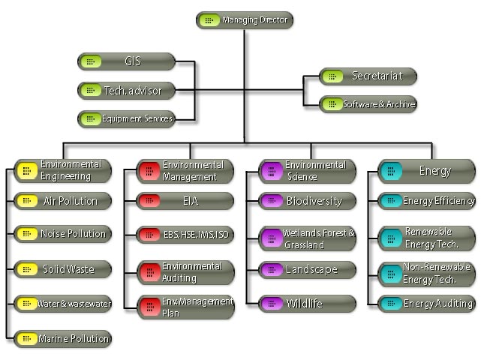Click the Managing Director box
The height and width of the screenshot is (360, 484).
click(245, 20)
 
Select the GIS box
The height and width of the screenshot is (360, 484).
click(126, 61)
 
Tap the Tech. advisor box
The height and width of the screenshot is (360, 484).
click(126, 91)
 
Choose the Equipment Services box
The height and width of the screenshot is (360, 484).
click(126, 118)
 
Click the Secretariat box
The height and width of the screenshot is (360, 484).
click(368, 76)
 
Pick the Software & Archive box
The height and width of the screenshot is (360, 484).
click(368, 104)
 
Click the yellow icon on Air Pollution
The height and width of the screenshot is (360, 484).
click(26, 201)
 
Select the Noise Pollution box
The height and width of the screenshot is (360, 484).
click(63, 234)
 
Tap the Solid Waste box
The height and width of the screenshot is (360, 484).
click(63, 268)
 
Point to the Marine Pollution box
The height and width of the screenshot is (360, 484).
click(63, 339)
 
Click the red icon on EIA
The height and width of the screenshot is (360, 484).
click(149, 201)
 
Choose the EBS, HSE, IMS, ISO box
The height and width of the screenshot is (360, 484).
click(185, 235)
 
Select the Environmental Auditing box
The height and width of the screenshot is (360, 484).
click(185, 272)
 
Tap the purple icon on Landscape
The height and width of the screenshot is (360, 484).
click(271, 269)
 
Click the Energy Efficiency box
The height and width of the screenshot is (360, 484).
click(426, 201)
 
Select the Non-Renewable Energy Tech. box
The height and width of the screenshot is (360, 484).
click(426, 274)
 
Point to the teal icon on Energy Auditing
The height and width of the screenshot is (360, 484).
click(390, 304)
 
